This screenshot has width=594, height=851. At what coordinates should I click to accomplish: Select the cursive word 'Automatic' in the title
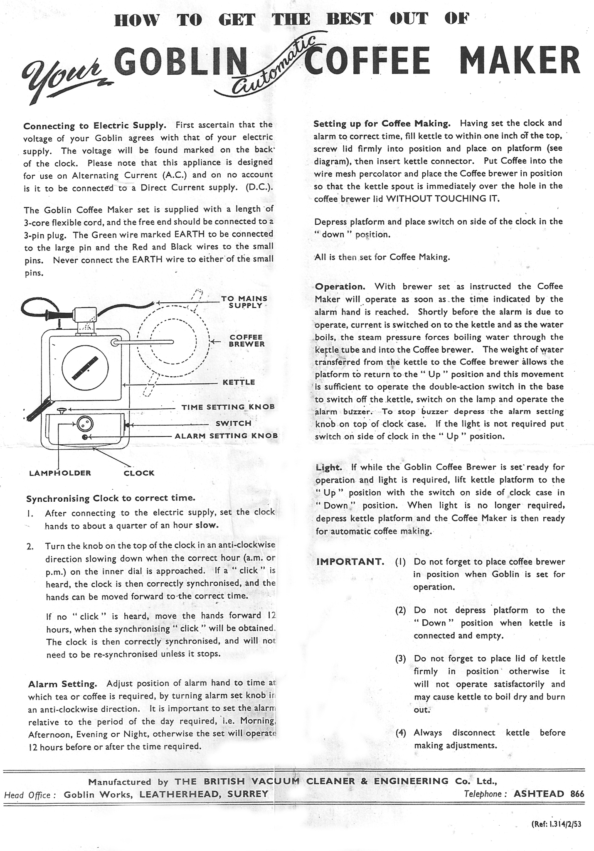point(274,66)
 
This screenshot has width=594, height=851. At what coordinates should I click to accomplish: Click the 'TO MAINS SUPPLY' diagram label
point(244,302)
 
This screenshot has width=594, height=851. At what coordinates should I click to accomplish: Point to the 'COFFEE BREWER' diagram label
point(246,341)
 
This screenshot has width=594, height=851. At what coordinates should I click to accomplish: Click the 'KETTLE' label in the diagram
point(239,382)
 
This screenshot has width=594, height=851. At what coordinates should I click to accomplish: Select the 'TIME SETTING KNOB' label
point(228,407)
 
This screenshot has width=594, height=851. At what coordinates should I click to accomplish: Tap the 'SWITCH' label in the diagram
point(233,424)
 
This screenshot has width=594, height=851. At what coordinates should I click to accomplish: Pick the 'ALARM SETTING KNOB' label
point(226,436)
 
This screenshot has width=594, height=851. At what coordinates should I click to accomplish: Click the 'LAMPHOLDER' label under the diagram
point(60,473)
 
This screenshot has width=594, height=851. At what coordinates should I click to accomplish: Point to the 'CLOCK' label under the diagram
point(139,473)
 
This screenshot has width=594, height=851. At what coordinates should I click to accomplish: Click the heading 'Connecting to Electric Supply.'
point(95,125)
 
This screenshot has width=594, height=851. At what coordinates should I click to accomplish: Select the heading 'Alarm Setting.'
point(62,684)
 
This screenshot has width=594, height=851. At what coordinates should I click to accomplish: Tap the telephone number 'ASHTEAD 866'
point(549,794)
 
